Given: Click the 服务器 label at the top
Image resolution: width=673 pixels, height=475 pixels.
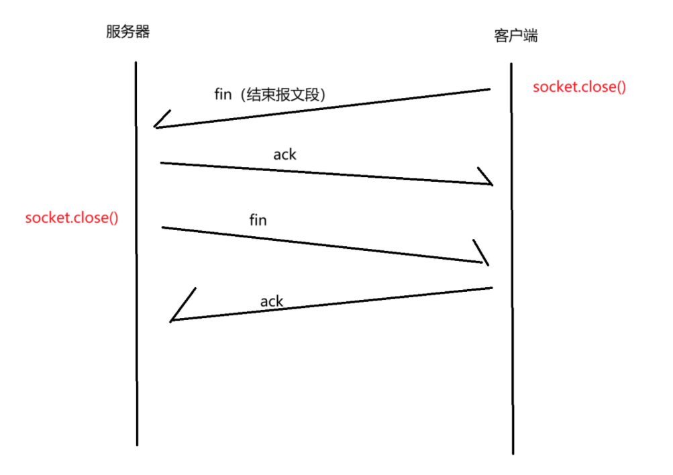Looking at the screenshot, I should pos(127,32).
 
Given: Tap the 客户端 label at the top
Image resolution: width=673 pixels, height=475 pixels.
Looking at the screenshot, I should pos(515,36).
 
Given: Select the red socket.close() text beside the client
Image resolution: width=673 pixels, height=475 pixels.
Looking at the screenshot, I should pos(579,87).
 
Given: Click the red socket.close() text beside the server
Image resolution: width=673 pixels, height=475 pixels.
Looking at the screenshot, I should pos(72,218).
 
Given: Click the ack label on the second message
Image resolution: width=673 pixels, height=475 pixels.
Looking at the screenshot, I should pos(284,154).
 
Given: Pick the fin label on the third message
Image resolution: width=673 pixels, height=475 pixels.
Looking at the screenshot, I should pos(258,219).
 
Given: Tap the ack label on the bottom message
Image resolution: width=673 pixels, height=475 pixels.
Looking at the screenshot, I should pos(272,301).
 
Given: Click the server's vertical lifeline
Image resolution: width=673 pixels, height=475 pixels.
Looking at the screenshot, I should pos(136,268).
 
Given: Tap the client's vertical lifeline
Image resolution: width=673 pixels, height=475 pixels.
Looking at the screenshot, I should pos(511,268).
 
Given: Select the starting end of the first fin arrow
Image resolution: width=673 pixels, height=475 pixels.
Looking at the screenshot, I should pos(489,89).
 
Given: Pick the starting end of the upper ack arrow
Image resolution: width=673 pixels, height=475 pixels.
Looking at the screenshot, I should pos(162,162).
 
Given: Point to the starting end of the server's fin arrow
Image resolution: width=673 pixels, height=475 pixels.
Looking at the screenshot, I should pos(163,227).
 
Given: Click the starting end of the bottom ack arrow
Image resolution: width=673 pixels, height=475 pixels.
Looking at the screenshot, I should pos(492,288).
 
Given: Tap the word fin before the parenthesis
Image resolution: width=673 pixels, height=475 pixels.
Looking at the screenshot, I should pos(223,94).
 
